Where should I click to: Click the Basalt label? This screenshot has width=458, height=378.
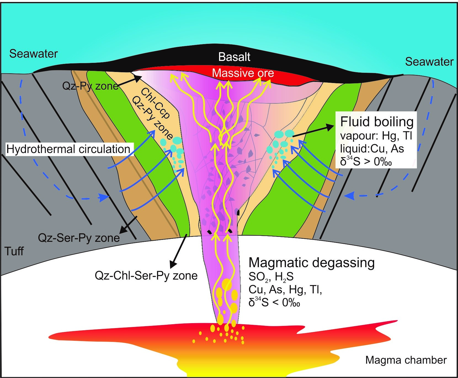pyautogui.click(x=234, y=57)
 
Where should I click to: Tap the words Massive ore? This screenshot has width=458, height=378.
pyautogui.click(x=243, y=73)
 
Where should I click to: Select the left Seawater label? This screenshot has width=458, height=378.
pyautogui.click(x=33, y=53)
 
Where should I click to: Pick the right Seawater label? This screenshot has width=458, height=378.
pyautogui.click(x=429, y=61)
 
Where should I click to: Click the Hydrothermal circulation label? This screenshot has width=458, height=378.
pyautogui.click(x=68, y=149)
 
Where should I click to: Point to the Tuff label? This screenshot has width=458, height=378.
pyautogui.click(x=14, y=251)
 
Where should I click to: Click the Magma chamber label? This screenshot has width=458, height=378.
pyautogui.click(x=406, y=360)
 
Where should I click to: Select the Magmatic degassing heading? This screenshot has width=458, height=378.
pyautogui.click(x=311, y=263)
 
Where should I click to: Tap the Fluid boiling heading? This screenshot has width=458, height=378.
pyautogui.click(x=377, y=122)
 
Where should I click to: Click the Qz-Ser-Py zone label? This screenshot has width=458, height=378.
pyautogui.click(x=79, y=238)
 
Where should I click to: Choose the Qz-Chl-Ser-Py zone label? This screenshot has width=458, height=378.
pyautogui.click(x=146, y=276)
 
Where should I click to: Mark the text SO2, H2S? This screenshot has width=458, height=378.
pyautogui.click(x=271, y=277)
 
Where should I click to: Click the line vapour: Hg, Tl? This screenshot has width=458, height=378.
pyautogui.click(x=376, y=136)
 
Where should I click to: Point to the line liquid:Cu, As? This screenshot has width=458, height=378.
pyautogui.click(x=372, y=149)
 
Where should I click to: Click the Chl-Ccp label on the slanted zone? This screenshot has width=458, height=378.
pyautogui.click(x=155, y=103)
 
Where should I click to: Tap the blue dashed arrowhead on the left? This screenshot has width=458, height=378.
pyautogui.click(x=104, y=197)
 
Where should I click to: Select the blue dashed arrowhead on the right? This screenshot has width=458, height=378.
pyautogui.click(x=349, y=195)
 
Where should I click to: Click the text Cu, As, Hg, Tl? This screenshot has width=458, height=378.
pyautogui.click(x=285, y=289)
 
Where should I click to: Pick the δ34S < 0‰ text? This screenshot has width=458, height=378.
pyautogui.click(x=274, y=302)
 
